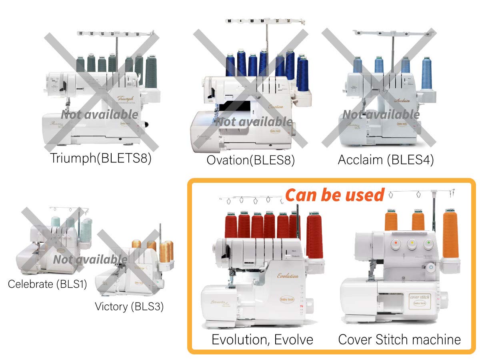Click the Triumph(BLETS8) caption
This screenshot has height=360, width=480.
point(101,158)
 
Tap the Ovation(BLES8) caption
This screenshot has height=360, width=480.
point(250,160)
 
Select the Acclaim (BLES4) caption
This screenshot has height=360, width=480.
point(386,160)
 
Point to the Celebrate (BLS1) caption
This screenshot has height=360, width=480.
point(47,284)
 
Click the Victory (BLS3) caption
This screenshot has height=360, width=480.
point(129,307)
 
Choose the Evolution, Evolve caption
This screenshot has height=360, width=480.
point(262,340)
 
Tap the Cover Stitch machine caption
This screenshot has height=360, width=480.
point(399,340)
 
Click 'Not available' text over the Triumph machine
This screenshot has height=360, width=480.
point(100,114)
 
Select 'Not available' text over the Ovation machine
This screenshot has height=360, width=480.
point(254,121)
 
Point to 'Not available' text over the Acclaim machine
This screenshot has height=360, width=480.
point(381,114)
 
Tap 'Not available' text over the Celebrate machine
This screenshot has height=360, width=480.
point(90,260)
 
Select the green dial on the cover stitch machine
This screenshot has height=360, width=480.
point(428,243)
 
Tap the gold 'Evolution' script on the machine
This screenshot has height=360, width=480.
point(288,276)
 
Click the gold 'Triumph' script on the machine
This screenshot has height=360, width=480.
point(128,98)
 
